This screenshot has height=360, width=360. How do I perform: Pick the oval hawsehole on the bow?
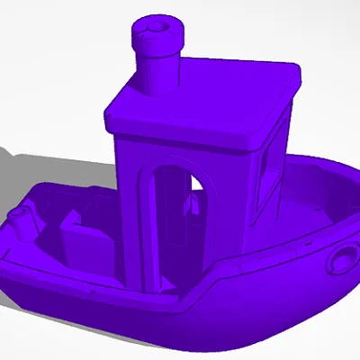pyautogui.click(x=343, y=260)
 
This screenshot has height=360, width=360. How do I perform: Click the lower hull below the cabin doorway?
pyautogui.click(x=180, y=324)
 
